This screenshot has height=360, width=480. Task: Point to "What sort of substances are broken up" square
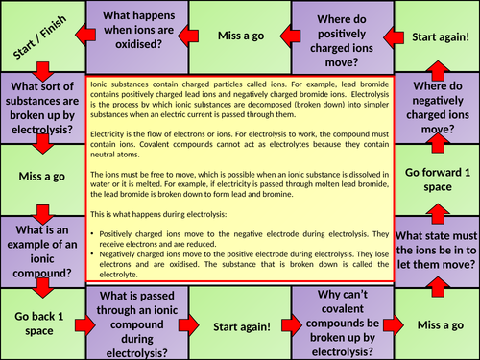(x=42, y=108)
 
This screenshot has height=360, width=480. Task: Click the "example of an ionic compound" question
(x=42, y=252)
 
